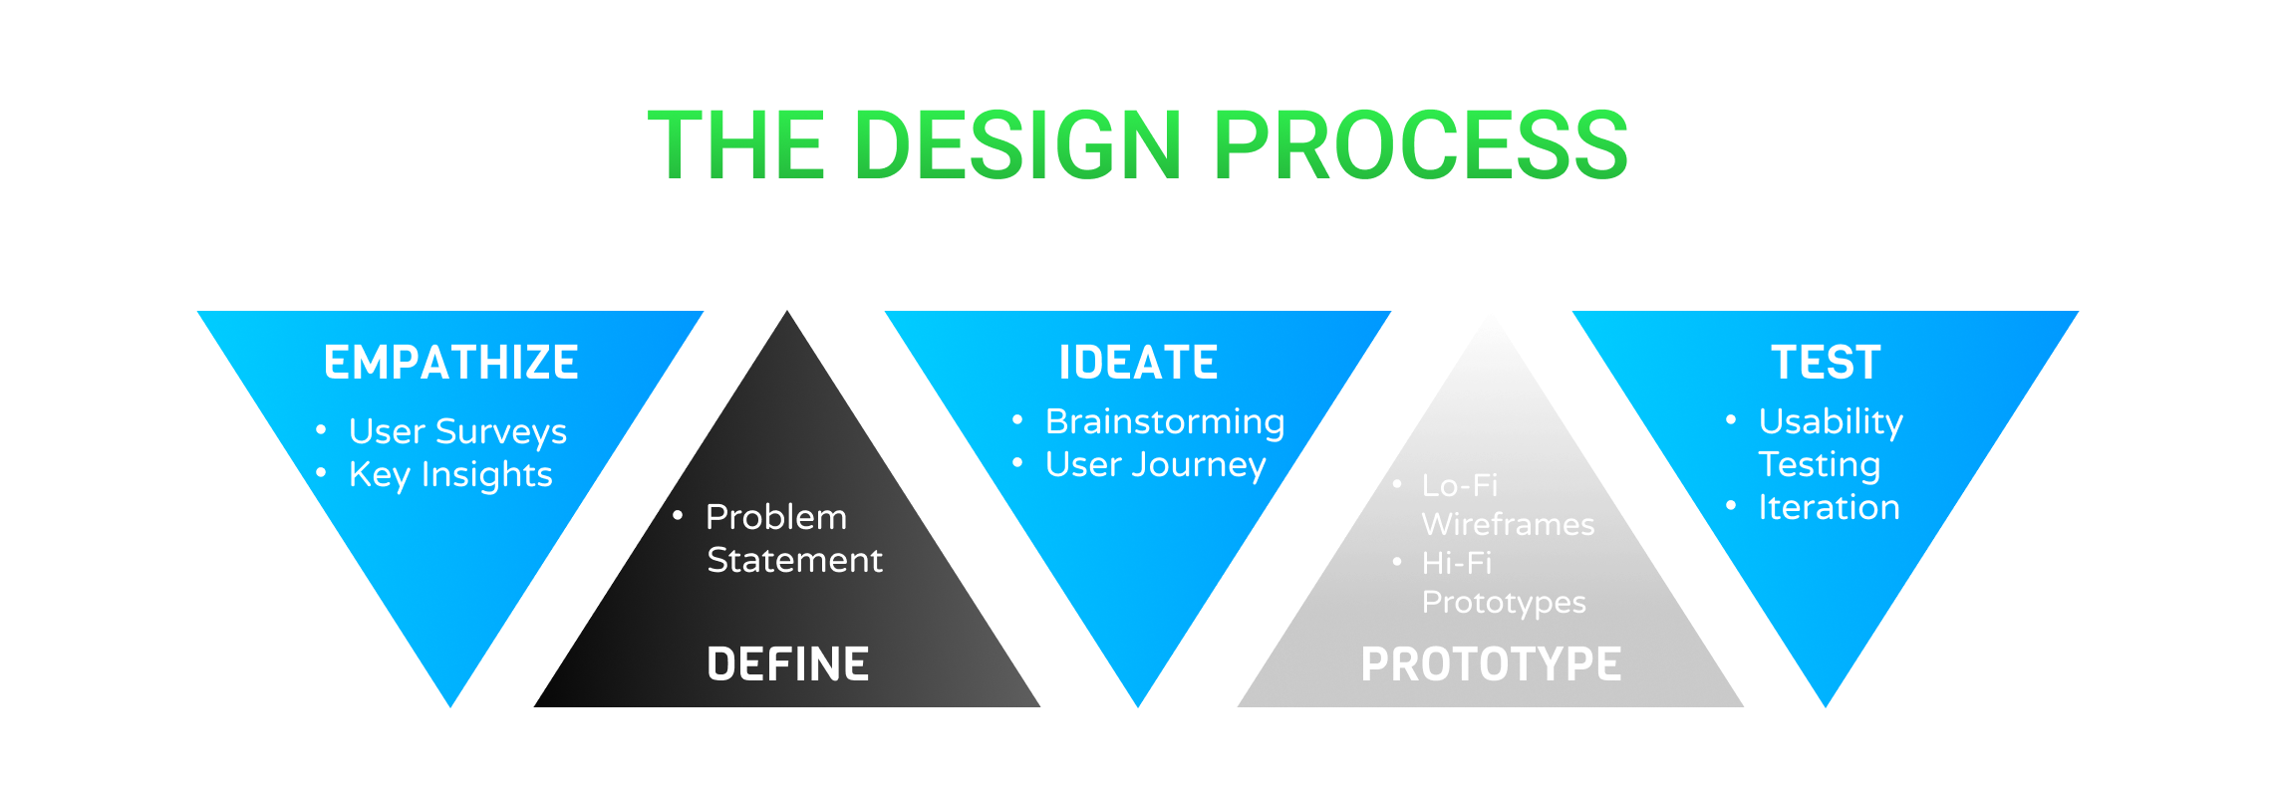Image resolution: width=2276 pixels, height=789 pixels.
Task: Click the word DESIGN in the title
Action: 1017,145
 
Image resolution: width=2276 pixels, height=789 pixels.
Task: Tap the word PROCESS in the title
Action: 1420,145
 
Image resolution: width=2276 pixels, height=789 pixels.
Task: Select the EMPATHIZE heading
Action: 450,363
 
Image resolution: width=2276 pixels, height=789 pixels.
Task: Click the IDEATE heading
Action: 1138,363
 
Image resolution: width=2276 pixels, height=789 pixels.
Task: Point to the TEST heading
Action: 1826,363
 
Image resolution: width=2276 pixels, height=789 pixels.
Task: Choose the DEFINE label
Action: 787,664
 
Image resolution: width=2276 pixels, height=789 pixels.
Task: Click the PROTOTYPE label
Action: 1491,664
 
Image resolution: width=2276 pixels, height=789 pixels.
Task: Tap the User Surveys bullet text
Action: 457,432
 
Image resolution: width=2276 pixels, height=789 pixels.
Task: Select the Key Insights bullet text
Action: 450,475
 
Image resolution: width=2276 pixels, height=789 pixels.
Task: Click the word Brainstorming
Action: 1165,422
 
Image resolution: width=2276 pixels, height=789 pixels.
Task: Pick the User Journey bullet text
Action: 1155,465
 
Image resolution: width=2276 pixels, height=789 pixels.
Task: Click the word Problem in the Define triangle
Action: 776,518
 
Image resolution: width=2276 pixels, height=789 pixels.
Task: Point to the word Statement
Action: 794,561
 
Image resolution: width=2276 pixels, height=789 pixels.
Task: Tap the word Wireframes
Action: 1508,525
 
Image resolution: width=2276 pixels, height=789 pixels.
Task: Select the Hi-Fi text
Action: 1457,564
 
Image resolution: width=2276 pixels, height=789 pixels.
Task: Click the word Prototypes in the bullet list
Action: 1504,603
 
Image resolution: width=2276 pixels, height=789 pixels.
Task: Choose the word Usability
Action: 1831,422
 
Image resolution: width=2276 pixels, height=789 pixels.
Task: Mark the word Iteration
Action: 1829,508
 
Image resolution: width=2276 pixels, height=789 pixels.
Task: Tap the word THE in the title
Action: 736,145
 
